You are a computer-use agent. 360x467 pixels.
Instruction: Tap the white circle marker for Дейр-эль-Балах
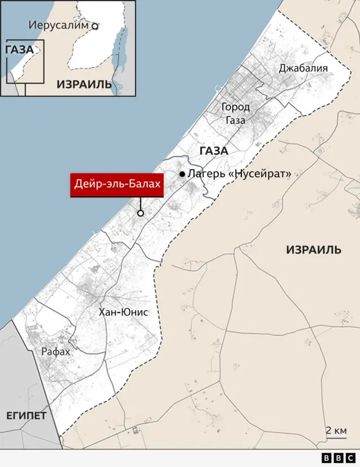point(141,213)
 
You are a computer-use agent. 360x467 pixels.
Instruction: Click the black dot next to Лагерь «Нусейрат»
point(182,174)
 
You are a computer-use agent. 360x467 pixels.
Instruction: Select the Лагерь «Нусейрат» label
point(239,174)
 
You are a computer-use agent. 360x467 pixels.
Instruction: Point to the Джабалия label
point(303,68)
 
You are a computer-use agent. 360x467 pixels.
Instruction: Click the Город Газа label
point(235,113)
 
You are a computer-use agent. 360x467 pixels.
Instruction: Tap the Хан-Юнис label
point(123,312)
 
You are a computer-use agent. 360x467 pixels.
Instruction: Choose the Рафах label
point(56,352)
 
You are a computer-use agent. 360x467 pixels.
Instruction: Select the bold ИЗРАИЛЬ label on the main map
point(313,250)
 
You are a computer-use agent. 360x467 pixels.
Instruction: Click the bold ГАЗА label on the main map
point(213,151)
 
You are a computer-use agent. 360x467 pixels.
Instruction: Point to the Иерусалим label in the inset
point(58,25)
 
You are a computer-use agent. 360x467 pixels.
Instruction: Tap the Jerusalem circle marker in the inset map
point(95,25)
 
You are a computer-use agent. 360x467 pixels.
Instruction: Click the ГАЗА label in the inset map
point(19,50)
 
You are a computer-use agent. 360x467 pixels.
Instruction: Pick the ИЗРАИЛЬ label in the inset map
point(84,84)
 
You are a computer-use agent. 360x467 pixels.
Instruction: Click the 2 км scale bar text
point(336,430)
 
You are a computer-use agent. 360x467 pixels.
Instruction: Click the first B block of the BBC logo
point(327,458)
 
